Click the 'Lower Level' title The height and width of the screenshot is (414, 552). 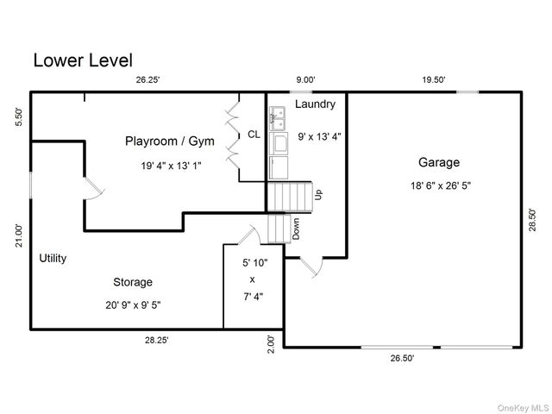click(83, 60)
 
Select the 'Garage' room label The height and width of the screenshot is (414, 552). click(439, 162)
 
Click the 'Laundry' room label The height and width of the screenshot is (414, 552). click(315, 104)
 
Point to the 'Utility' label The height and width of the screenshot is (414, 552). click(53, 258)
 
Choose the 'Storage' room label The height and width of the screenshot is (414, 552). click(133, 282)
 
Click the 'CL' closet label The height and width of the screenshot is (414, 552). click(254, 135)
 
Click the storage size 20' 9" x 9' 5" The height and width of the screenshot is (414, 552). click(132, 304)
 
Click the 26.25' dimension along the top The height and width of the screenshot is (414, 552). click(147, 80)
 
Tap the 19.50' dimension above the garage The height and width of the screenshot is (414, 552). click(433, 80)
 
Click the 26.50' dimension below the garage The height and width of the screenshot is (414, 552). click(401, 358)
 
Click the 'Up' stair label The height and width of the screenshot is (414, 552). click(318, 195)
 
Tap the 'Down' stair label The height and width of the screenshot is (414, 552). click(295, 228)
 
